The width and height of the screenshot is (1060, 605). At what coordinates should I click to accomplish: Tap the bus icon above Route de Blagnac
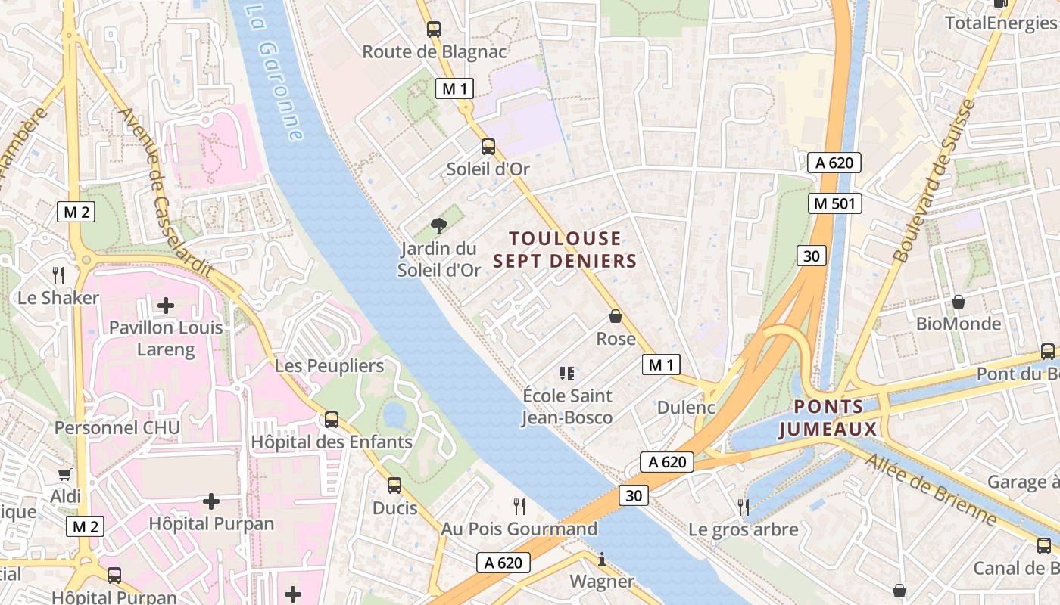(434, 29)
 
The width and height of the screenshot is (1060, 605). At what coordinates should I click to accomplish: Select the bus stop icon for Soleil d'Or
(488, 147)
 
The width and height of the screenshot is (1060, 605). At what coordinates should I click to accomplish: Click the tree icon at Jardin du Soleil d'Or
(438, 225)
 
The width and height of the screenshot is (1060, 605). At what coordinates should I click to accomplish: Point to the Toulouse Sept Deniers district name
(565, 250)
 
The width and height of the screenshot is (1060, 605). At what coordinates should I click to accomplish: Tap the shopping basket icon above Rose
(616, 316)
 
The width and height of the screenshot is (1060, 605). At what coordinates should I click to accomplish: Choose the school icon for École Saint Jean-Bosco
(567, 373)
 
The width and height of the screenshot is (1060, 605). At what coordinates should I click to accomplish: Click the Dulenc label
(686, 407)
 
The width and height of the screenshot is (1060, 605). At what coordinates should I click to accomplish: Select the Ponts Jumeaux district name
(828, 418)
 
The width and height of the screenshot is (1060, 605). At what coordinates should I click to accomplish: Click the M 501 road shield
(835, 203)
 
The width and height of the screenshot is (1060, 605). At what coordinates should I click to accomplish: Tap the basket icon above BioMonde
(959, 302)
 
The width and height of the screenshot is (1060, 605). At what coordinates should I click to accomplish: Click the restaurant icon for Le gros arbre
(744, 507)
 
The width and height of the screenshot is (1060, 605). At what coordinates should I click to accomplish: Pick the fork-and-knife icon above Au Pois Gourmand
(519, 506)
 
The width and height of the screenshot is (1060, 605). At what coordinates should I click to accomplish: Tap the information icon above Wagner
(602, 560)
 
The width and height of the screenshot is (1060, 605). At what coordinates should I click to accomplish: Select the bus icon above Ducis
(394, 486)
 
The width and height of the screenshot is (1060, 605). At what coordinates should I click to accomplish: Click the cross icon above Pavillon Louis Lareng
(166, 306)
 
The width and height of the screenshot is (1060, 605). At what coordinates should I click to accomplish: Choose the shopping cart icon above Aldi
(65, 475)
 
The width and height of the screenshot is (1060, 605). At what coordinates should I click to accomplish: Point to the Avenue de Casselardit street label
(166, 193)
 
